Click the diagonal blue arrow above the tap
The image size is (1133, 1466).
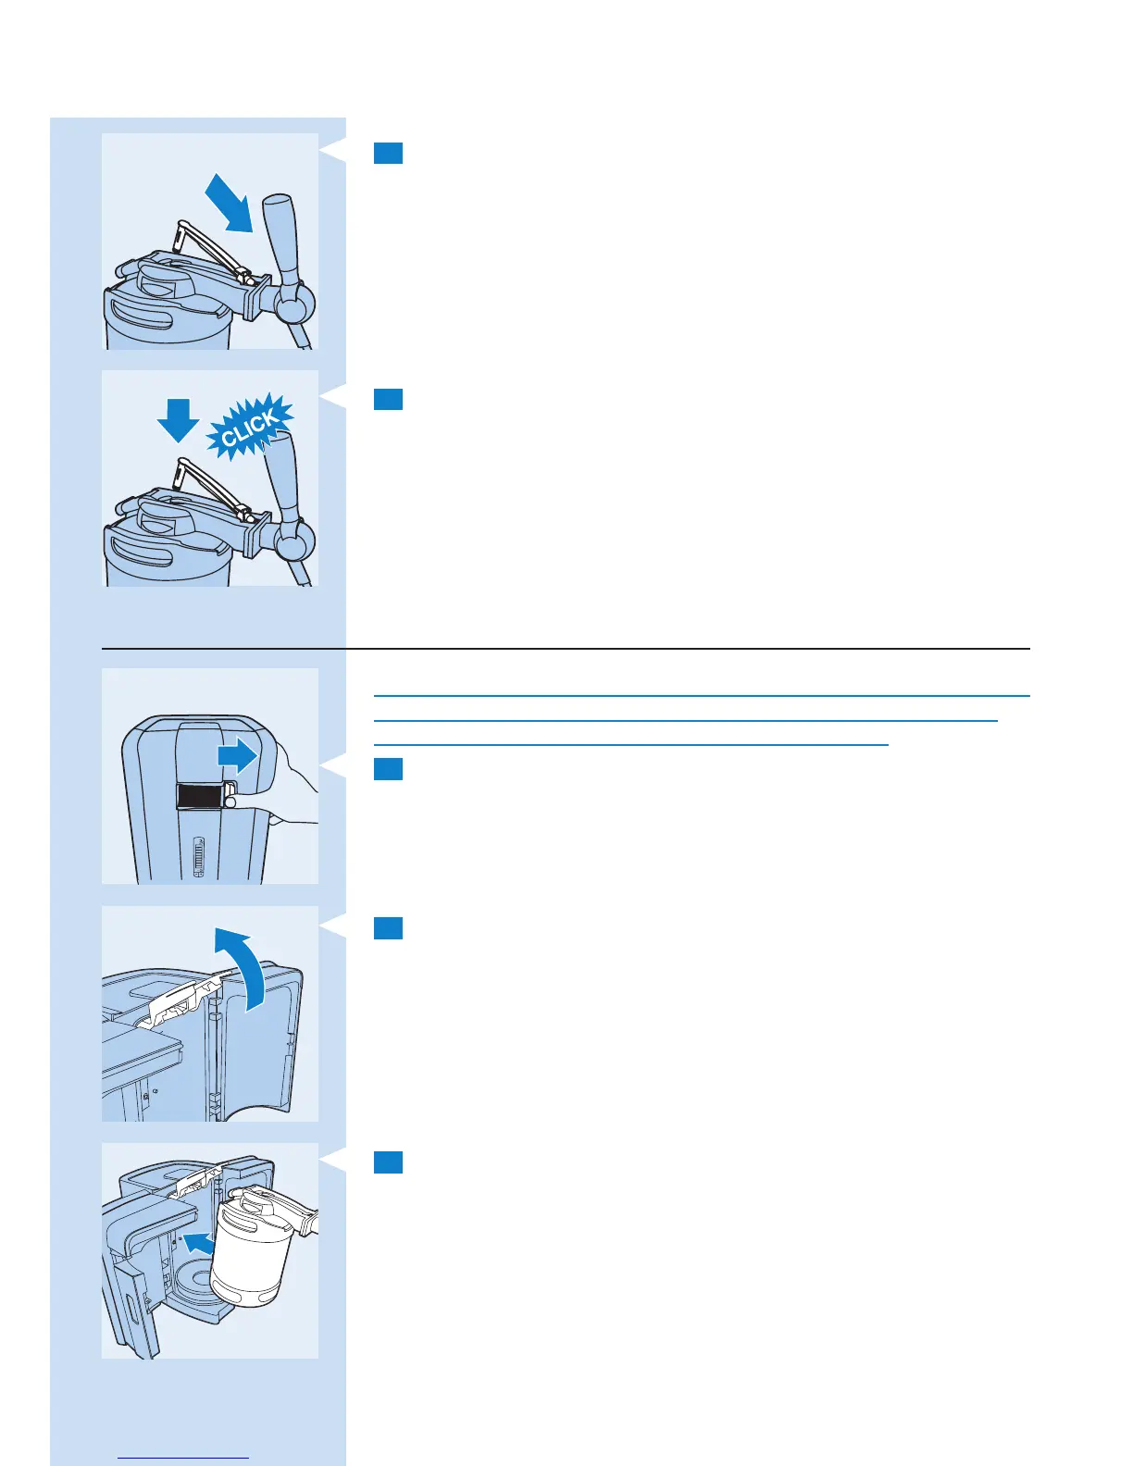[228, 203]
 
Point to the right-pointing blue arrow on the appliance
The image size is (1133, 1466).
[238, 756]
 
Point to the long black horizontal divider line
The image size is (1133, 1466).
[566, 649]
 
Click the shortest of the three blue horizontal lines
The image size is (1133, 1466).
[630, 744]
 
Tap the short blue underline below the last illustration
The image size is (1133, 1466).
[184, 1459]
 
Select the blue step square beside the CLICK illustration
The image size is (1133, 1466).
[388, 399]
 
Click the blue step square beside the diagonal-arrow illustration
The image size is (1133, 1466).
[388, 153]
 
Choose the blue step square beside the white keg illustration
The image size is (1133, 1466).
[388, 1162]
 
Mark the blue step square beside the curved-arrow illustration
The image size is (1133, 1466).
[388, 928]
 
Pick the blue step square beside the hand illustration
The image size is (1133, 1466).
[388, 769]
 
